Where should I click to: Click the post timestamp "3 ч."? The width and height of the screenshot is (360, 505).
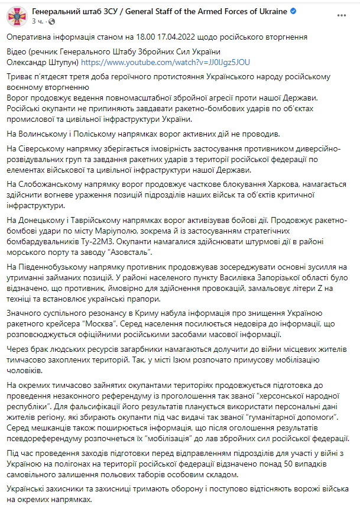[37, 21]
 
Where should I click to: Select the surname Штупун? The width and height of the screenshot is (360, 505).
[62, 61]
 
